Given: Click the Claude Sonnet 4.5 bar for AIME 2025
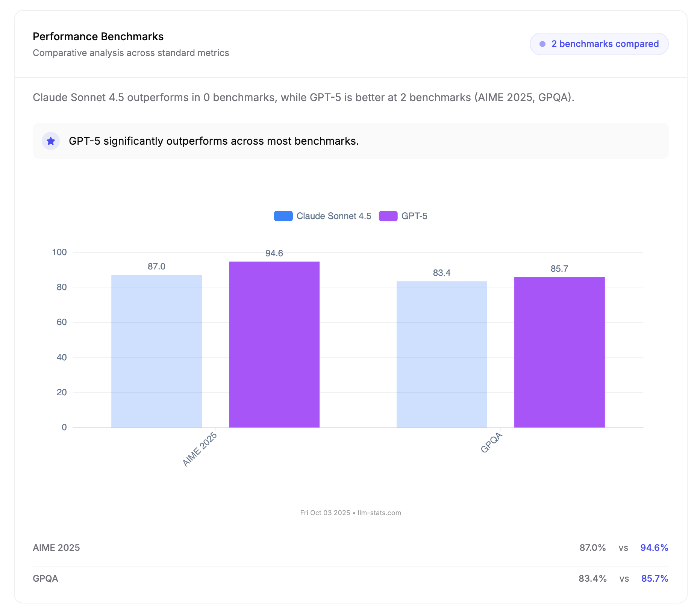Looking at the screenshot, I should (156, 351).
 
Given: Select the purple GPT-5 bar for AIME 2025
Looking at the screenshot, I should (274, 344).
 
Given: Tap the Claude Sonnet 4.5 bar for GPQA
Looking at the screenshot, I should (442, 354).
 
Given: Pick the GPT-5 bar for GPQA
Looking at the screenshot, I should (559, 352).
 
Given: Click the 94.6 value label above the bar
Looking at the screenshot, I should (274, 253).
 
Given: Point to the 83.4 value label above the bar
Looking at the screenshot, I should (442, 273).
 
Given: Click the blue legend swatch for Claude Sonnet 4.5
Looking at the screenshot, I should (283, 216).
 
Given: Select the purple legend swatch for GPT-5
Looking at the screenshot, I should (388, 216).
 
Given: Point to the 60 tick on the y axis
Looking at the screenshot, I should (62, 322).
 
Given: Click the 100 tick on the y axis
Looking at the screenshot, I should (59, 252).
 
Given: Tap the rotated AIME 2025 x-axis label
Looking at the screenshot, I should (200, 449).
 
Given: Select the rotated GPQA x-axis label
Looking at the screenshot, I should (491, 443).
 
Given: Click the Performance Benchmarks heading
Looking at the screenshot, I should (98, 36).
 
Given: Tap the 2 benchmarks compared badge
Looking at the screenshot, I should (599, 44).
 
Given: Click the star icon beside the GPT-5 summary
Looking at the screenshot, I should (51, 141).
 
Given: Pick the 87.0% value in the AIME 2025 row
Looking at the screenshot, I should (592, 547).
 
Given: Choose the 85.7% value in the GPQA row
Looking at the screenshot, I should (655, 578).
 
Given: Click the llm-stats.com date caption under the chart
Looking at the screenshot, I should (350, 513).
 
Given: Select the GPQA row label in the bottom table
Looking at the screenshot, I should (45, 578).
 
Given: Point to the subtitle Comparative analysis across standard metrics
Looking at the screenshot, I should (131, 53).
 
